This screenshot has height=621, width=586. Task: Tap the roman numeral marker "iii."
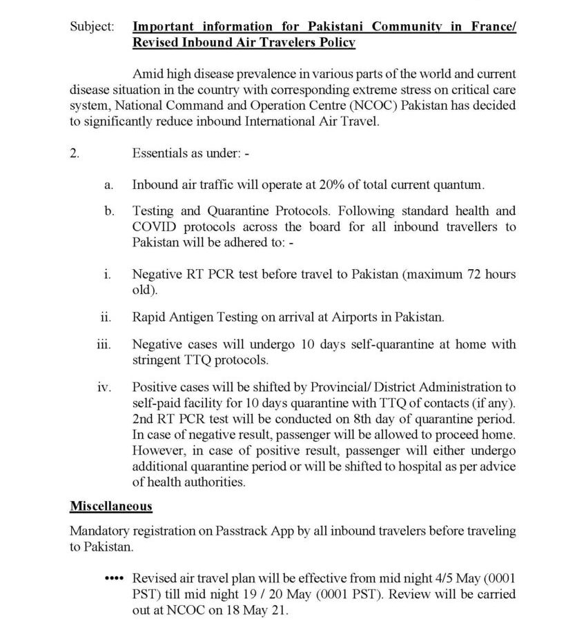(104, 344)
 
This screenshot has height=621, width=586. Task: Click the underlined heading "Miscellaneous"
(111, 506)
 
